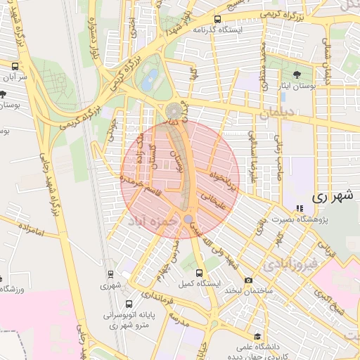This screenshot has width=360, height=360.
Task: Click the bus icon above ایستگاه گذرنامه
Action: pos(217,19)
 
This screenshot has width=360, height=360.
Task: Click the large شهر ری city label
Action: pos(330,198)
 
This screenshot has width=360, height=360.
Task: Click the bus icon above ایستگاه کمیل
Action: pos(199,272)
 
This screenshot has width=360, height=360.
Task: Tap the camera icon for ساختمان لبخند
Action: pos(248,281)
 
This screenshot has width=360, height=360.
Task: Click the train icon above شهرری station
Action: pos(110,275)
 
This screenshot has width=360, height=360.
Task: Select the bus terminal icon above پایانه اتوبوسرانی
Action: pos(129,304)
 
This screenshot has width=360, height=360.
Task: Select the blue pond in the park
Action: pos(150,82)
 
